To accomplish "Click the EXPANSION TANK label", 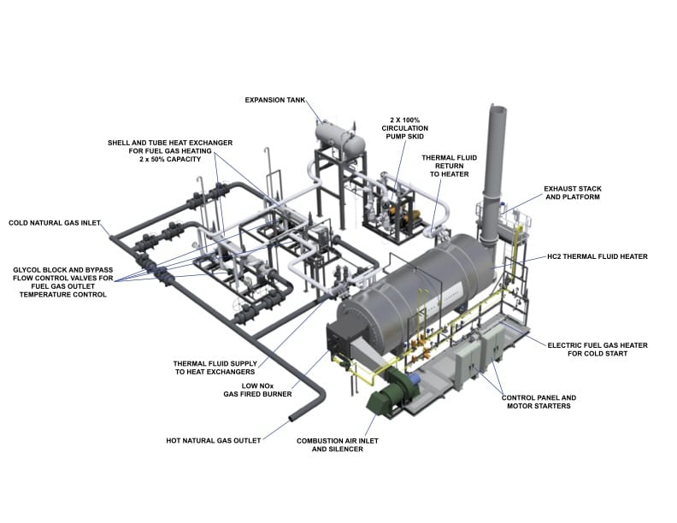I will [x=276, y=100].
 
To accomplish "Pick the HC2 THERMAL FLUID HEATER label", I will [x=598, y=256].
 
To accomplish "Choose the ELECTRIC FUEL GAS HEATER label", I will [x=598, y=349].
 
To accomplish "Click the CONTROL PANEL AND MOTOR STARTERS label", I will [x=539, y=402].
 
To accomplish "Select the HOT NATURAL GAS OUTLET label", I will [x=213, y=441].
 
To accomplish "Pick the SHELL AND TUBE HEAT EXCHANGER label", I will [x=170, y=150].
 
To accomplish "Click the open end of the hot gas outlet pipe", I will [x=293, y=417].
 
